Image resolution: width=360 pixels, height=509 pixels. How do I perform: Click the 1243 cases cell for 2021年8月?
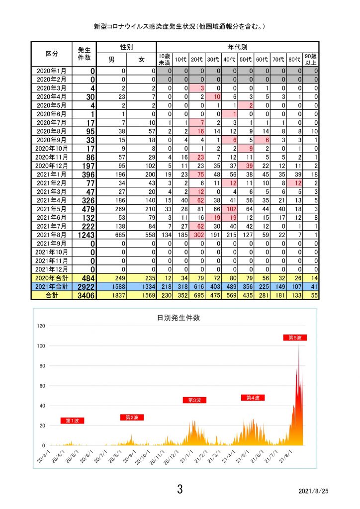[86, 235]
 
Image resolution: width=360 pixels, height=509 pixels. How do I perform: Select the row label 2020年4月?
[52, 97]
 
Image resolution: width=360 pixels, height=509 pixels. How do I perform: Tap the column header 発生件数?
[84, 54]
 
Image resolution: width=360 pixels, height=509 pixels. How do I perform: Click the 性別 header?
[127, 47]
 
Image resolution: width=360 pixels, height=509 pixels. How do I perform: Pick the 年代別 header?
[238, 47]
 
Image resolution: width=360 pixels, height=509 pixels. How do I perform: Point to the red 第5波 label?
[295, 338]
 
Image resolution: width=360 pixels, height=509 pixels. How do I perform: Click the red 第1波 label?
[73, 421]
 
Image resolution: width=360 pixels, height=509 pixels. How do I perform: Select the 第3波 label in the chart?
[195, 400]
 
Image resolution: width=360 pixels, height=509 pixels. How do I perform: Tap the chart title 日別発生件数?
[178, 318]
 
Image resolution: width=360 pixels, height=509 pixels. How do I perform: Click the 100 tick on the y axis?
[41, 346]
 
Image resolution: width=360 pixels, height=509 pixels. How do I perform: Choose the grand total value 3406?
[86, 295]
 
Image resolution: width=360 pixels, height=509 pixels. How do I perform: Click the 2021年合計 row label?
[52, 287]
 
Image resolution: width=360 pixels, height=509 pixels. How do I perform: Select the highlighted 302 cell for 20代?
[199, 235]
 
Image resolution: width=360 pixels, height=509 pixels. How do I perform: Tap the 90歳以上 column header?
[311, 60]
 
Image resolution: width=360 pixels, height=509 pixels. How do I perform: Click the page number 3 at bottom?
[180, 489]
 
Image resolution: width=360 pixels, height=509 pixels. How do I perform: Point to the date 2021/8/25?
[314, 491]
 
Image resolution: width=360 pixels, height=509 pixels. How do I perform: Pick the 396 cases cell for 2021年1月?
[89, 174]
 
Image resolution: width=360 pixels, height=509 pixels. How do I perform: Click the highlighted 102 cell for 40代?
[231, 209]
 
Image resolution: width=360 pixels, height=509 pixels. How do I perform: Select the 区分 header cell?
[52, 54]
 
